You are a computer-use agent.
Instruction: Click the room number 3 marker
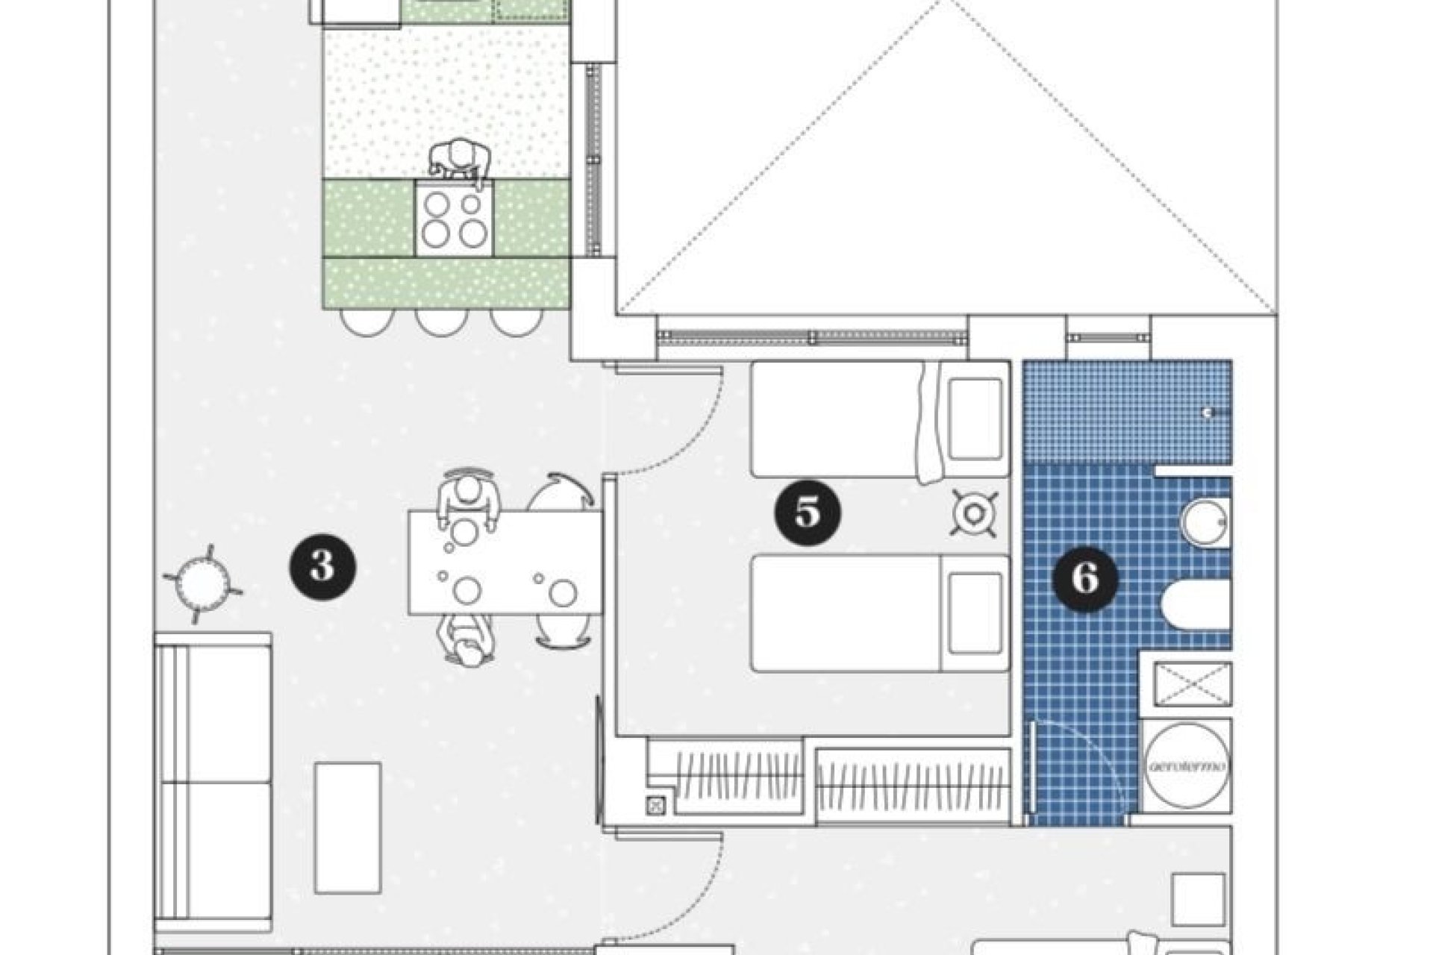coord(322,567)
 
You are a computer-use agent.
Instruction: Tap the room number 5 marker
coord(808,513)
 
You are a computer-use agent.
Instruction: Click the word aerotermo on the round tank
coord(1186,766)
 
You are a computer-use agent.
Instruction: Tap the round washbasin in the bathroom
coord(1203,522)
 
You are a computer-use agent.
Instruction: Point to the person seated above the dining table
coord(468,501)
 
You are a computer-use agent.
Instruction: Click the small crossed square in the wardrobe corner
coord(656,805)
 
